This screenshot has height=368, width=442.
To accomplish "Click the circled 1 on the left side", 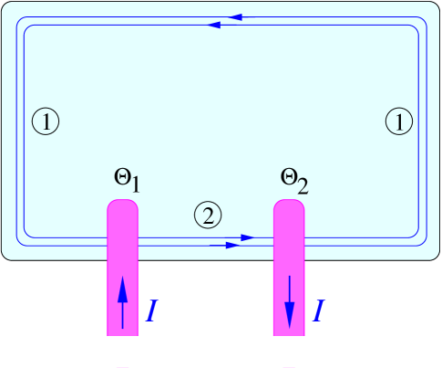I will (x=45, y=121).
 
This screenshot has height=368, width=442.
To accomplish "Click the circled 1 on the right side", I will (x=398, y=121).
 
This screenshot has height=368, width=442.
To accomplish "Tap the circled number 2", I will (x=208, y=216).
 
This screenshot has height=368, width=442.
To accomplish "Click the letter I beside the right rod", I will (x=318, y=311).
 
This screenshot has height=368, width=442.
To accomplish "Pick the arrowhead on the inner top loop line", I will (x=215, y=25).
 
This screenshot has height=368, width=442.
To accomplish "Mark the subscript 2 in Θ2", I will (x=302, y=186).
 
